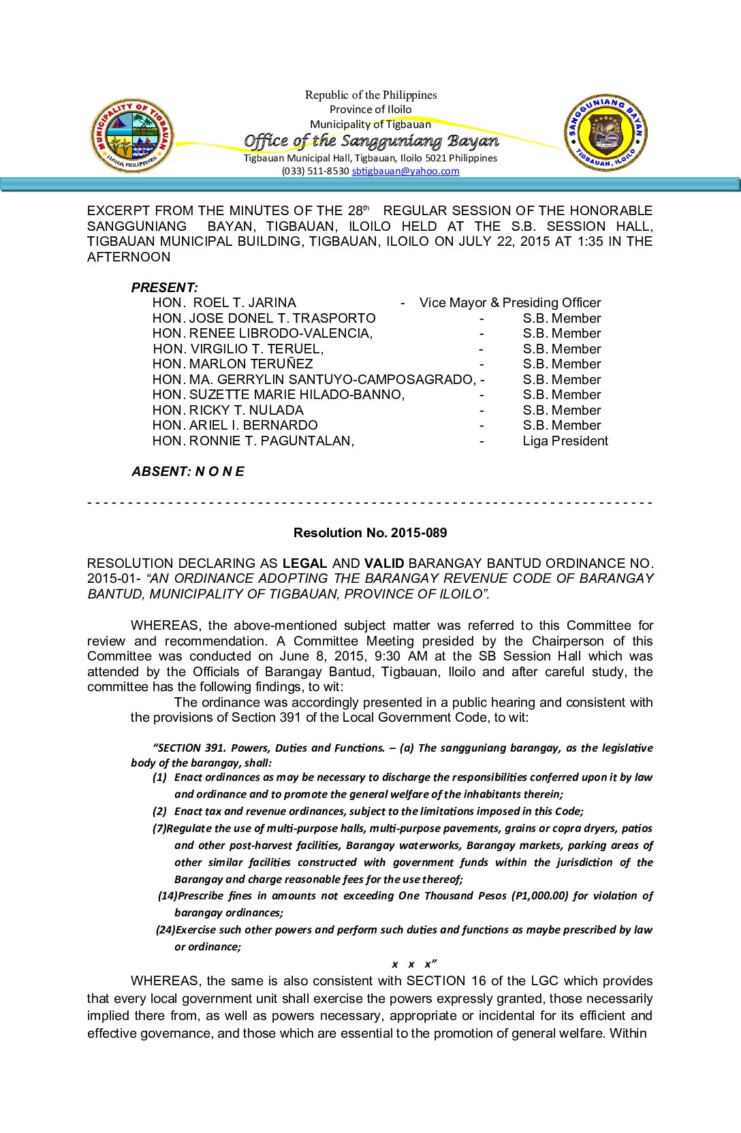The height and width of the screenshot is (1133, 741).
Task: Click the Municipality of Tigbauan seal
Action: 132,135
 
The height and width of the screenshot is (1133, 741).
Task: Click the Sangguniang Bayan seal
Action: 605,133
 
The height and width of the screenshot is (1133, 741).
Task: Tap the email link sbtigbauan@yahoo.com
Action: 405,171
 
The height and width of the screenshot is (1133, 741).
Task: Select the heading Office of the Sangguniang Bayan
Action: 371,141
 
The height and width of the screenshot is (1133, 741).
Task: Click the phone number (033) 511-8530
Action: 315,171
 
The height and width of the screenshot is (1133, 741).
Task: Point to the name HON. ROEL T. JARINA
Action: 224,302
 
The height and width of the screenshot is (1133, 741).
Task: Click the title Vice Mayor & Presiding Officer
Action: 510,302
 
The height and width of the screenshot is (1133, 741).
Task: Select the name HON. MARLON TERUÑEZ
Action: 232,364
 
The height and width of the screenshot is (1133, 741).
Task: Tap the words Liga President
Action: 565,441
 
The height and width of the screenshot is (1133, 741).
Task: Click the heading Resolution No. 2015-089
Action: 370,532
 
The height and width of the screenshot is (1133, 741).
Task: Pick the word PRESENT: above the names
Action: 165,287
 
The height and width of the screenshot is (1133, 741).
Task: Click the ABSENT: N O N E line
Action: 188,471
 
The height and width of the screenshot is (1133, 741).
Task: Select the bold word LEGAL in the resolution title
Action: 304,563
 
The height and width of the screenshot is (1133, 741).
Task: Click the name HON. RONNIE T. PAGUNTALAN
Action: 253,441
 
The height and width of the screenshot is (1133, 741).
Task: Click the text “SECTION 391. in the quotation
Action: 189,748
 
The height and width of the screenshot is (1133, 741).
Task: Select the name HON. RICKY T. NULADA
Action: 228,410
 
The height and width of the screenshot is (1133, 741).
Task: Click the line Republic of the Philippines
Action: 370,95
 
